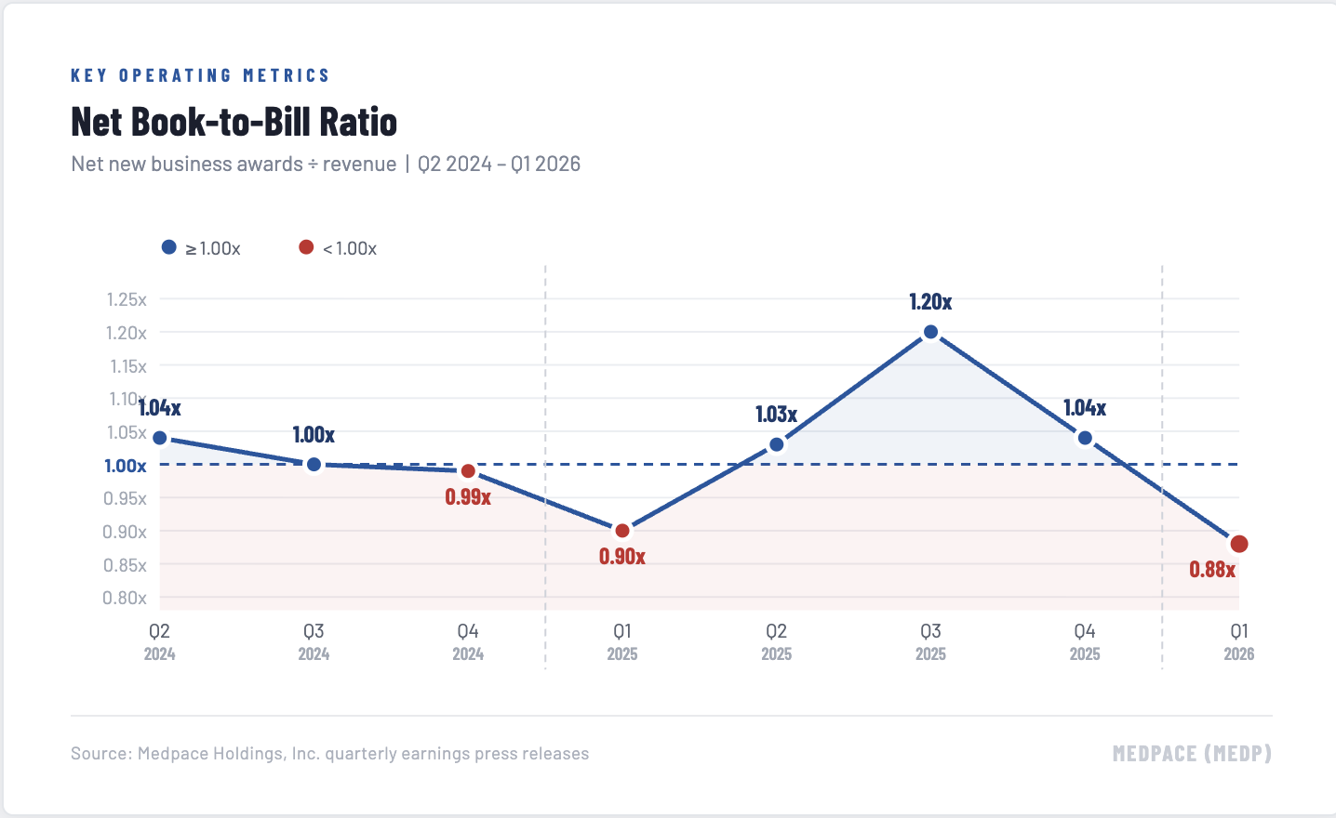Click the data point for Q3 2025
pyautogui.click(x=930, y=332)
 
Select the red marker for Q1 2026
pyautogui.click(x=1238, y=544)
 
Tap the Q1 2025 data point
pyautogui.click(x=622, y=531)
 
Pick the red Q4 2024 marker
pyautogui.click(x=468, y=471)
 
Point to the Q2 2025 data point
pyautogui.click(x=777, y=444)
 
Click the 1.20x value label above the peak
pyautogui.click(x=930, y=302)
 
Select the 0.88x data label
pyautogui.click(x=1212, y=570)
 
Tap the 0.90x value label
pyautogui.click(x=622, y=557)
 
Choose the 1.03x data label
pyautogui.click(x=776, y=415)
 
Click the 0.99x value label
pyautogui.click(x=468, y=497)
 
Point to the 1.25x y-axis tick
pyautogui.click(x=127, y=299)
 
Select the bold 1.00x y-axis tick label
pyautogui.click(x=126, y=466)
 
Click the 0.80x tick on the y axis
pyautogui.click(x=125, y=598)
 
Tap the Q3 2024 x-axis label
pyautogui.click(x=314, y=641)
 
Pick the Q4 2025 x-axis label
pyautogui.click(x=1085, y=641)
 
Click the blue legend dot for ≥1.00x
pyautogui.click(x=169, y=247)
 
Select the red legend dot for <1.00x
pyautogui.click(x=306, y=247)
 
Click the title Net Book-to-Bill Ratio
pyautogui.click(x=234, y=122)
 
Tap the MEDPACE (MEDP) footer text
pyautogui.click(x=1192, y=753)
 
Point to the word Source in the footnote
pyautogui.click(x=100, y=753)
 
